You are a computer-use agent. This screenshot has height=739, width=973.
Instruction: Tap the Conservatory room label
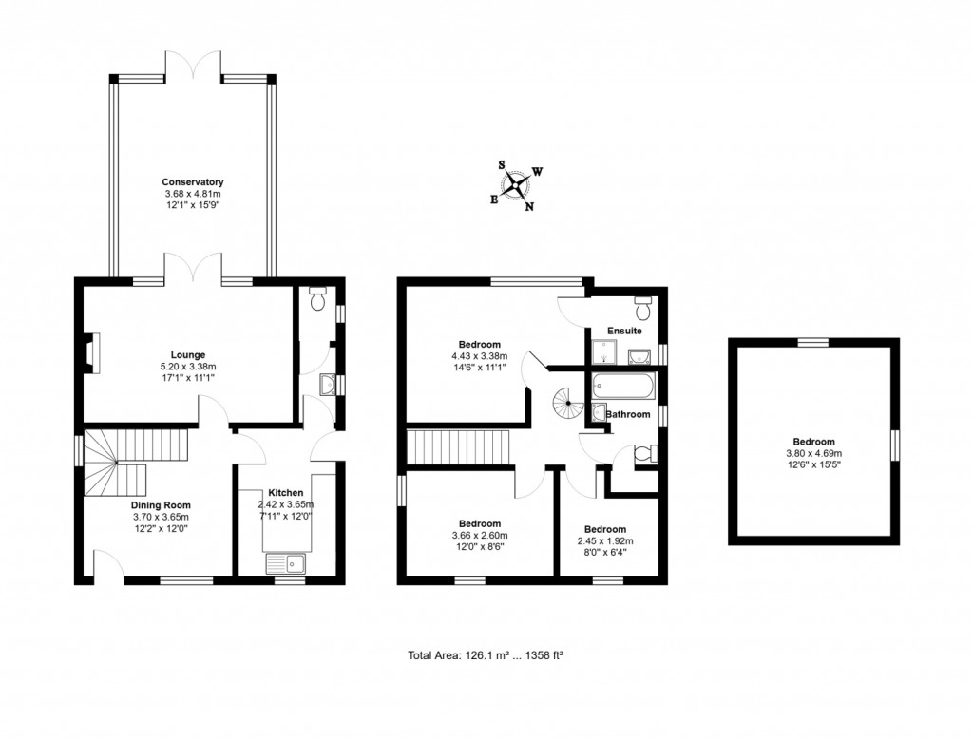pos(192,181)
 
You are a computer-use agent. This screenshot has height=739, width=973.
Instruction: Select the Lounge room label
pos(189,355)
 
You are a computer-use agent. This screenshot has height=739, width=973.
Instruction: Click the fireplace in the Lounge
pos(90,352)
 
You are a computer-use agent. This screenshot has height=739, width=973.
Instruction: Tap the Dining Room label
pos(161,505)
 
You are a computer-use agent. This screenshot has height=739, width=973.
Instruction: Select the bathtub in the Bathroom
pos(622,387)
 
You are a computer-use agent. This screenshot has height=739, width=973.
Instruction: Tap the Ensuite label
pos(624,332)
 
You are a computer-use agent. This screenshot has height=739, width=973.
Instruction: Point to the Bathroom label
pos(628,414)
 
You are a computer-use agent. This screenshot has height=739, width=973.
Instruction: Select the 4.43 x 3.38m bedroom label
pos(480,345)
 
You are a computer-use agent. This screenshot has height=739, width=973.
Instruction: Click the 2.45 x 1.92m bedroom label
pos(604,529)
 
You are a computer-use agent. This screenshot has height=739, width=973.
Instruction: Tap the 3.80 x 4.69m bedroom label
pos(814,442)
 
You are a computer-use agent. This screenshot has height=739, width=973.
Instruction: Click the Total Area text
pos(487,655)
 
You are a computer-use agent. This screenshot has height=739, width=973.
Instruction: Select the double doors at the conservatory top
pos(193,66)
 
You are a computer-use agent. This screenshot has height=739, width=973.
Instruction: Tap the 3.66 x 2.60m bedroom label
pos(480,523)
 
